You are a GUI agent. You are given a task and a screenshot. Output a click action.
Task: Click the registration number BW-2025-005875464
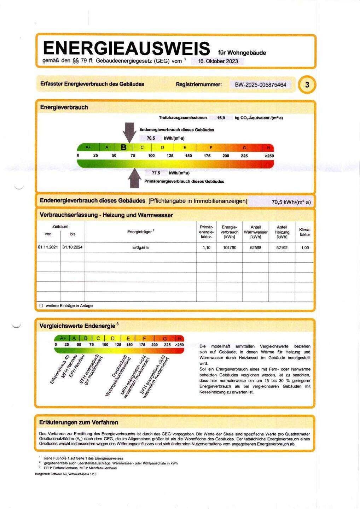point(260,85)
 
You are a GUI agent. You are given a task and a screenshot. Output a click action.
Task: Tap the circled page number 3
point(307,85)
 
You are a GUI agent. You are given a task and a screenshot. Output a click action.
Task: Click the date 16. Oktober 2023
point(217,61)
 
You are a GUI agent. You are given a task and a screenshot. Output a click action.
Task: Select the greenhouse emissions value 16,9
point(221,118)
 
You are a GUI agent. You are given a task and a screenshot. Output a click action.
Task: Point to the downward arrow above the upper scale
point(130,132)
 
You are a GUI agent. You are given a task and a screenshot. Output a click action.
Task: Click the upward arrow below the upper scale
point(134,178)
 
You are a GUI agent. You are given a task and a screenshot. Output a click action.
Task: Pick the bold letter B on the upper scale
point(123,147)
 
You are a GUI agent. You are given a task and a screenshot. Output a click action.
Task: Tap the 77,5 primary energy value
point(156,173)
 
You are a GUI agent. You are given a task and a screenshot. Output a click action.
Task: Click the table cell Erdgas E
point(140,247)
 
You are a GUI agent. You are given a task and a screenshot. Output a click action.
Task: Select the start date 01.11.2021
point(48,247)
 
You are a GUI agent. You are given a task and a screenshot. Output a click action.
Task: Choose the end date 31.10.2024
point(72,247)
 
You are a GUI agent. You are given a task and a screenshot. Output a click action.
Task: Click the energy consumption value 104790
point(230,248)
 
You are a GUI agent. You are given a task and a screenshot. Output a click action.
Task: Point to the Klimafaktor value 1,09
point(305,248)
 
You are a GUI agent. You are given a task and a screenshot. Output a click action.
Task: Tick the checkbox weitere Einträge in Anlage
point(41,306)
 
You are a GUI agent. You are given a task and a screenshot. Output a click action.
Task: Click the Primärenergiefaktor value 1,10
point(207,248)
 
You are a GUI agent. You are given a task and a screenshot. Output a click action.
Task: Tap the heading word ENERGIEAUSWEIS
point(126,48)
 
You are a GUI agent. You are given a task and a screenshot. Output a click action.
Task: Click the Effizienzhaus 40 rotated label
point(59,370)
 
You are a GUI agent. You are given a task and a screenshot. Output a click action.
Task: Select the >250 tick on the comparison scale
point(179,345)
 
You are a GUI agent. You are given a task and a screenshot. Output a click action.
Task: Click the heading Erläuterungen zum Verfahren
point(79,422)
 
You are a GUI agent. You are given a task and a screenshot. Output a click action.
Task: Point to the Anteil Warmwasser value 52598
point(256,248)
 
